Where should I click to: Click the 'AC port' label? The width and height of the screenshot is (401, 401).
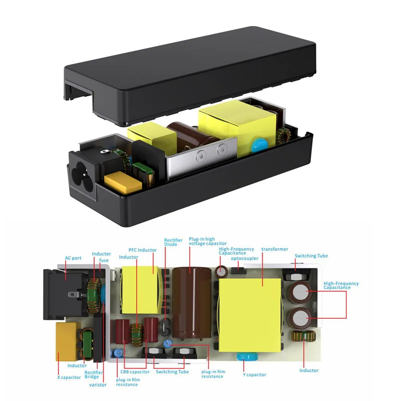point(73,258)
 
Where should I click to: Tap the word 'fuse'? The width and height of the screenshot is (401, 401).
point(104,260)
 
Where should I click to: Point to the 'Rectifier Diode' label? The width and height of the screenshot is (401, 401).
point(173,244)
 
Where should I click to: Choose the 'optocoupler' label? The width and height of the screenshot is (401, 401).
point(245,259)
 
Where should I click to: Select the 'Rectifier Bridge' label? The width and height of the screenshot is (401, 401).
point(94,374)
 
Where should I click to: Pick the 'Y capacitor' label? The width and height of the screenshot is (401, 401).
point(254,374)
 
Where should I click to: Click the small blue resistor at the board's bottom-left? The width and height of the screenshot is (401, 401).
point(117,353)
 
